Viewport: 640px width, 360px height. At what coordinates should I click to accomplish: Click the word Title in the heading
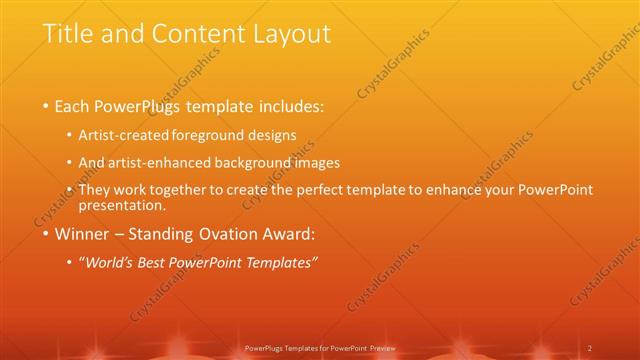(x=65, y=33)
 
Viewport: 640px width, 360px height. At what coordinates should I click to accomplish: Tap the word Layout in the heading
(x=290, y=34)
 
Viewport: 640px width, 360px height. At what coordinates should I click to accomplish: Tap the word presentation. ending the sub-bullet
(x=124, y=205)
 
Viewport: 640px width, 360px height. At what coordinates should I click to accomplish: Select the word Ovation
(x=234, y=237)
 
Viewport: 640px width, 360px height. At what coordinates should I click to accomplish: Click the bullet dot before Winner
(x=46, y=238)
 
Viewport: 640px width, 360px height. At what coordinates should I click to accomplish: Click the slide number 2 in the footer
(x=591, y=348)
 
